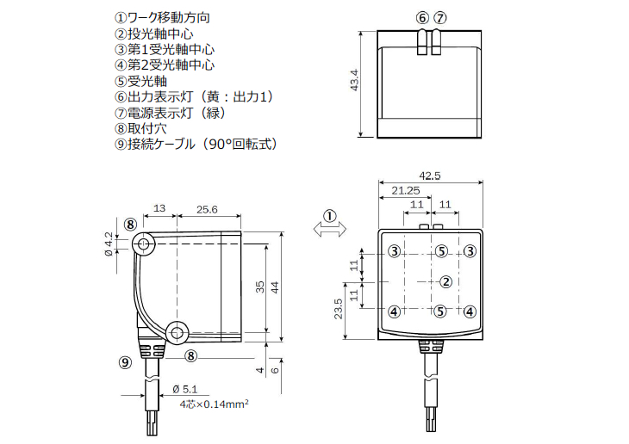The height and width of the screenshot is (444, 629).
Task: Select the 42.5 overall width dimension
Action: tap(429, 176)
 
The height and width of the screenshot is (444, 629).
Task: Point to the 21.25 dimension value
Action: tap(405, 190)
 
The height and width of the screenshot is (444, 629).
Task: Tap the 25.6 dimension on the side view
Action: tap(207, 209)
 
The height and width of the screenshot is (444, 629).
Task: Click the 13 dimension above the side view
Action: tap(159, 209)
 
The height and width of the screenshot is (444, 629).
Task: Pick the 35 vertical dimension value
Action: tap(259, 287)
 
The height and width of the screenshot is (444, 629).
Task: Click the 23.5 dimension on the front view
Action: tap(339, 308)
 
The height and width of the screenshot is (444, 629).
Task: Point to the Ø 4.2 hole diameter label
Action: tap(108, 244)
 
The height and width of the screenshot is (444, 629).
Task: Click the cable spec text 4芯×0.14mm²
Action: tap(214, 403)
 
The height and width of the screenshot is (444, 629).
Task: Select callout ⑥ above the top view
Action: tap(421, 17)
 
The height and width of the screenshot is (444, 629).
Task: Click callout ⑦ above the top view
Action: tap(440, 17)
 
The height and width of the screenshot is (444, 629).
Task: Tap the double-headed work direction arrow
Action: tap(329, 229)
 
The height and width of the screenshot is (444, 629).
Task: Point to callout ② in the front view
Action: tap(445, 281)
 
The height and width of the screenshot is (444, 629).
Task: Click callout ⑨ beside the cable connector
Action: tap(125, 361)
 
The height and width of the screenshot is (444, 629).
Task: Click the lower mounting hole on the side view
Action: tap(178, 331)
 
